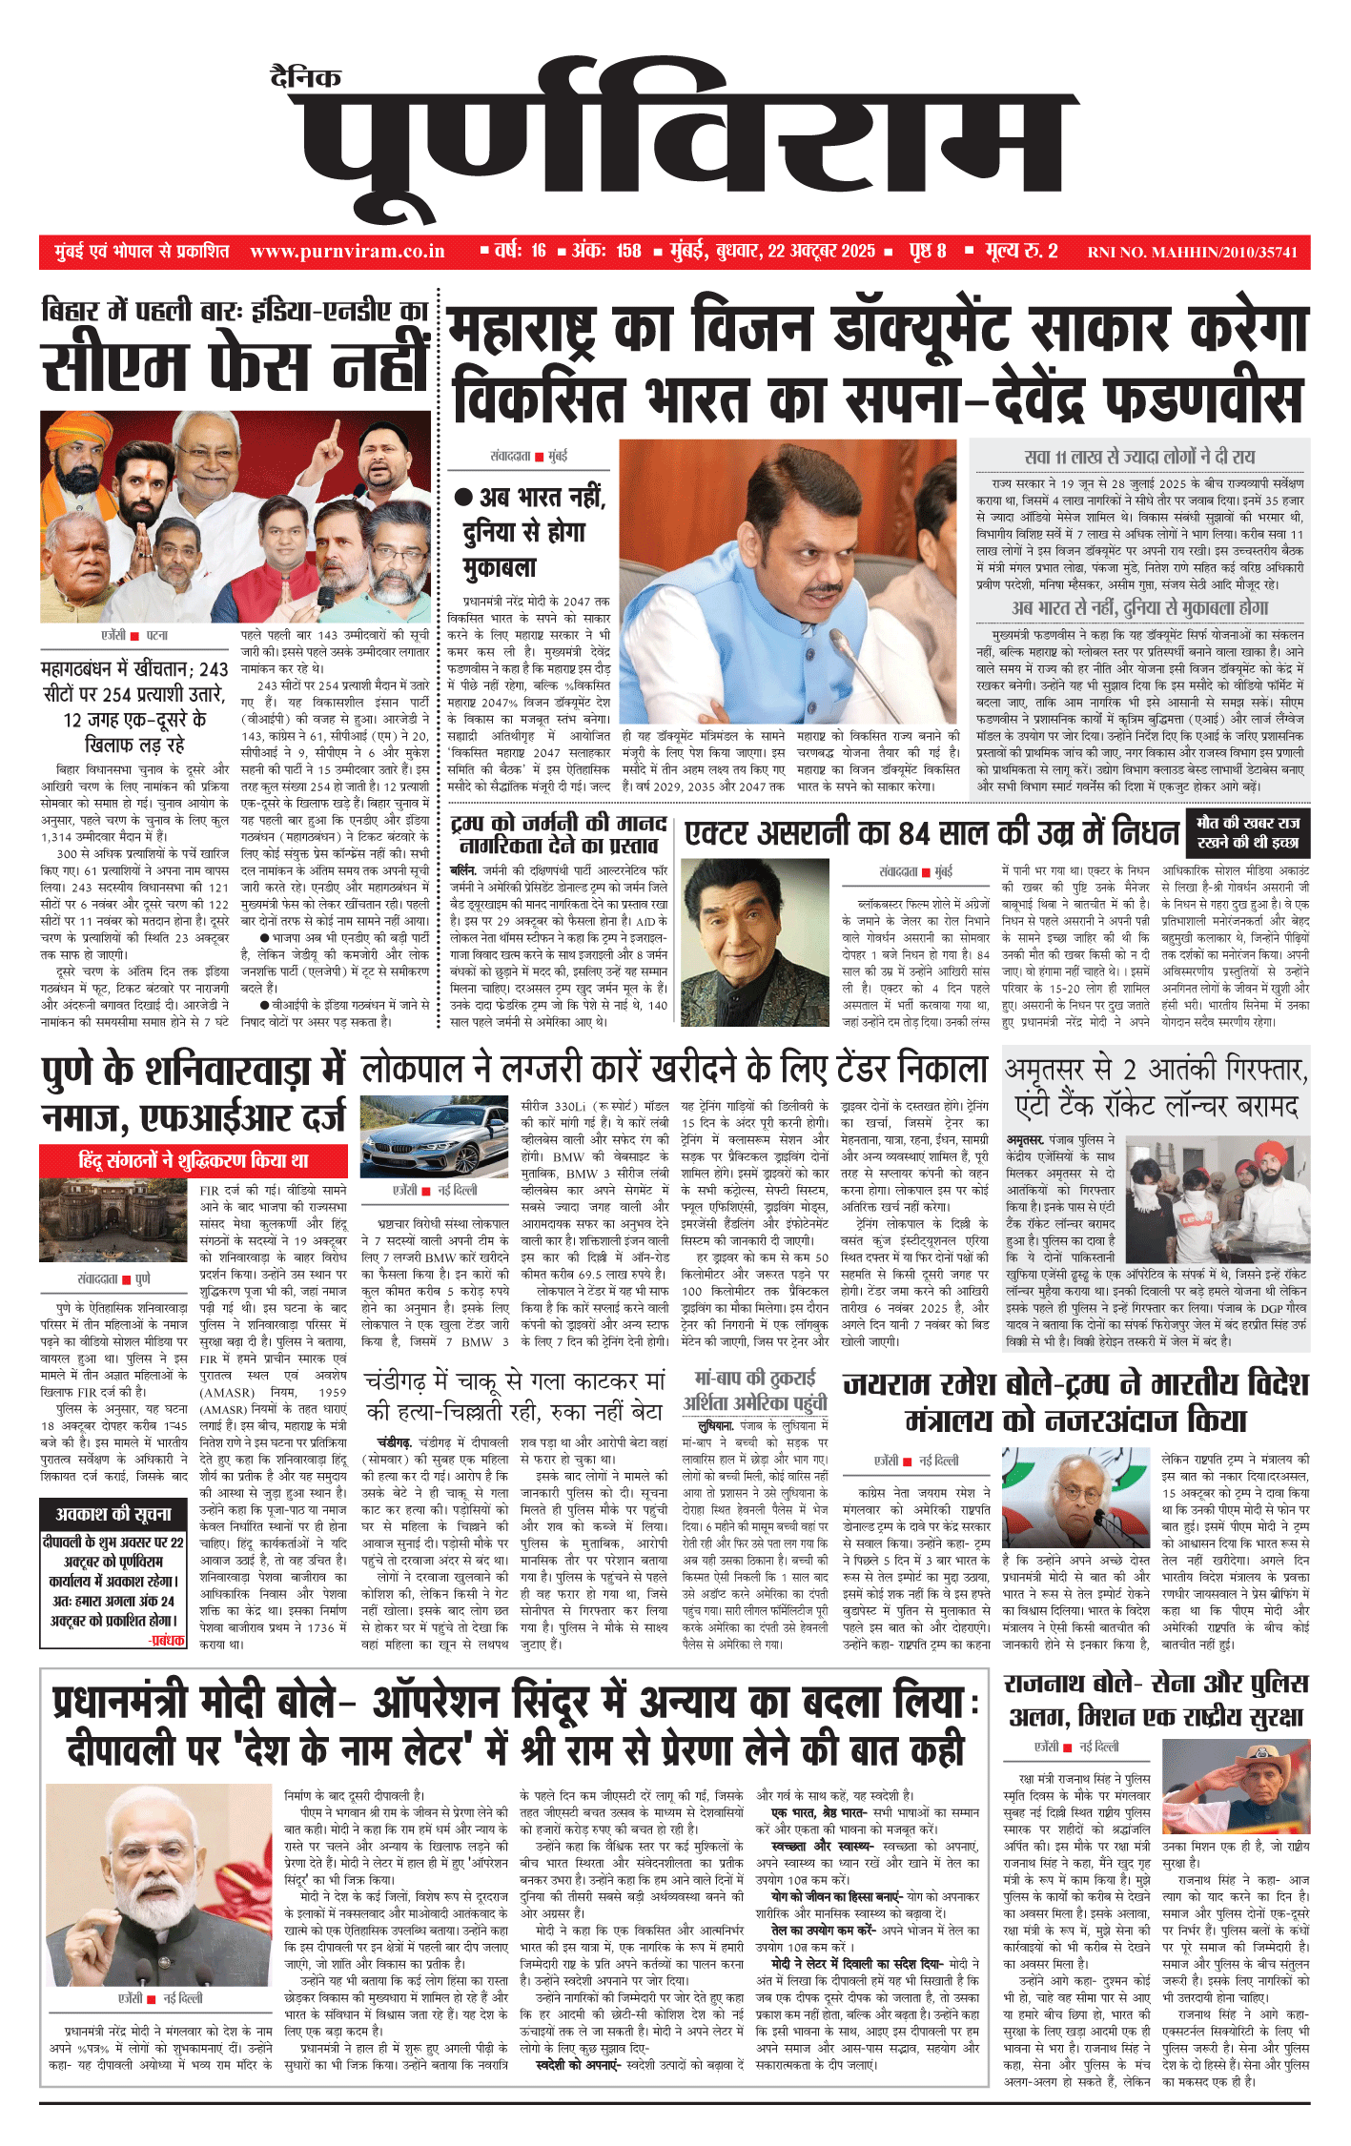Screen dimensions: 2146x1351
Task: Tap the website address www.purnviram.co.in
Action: click(x=347, y=252)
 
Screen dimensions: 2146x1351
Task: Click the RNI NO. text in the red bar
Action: click(x=1192, y=253)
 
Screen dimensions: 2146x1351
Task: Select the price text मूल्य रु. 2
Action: click(x=1021, y=252)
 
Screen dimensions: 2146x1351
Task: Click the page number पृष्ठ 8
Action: click(x=927, y=252)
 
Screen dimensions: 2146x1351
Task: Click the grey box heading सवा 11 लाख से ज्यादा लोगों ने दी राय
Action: click(x=1139, y=457)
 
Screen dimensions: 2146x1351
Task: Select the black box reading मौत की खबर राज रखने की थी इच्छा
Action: click(x=1247, y=832)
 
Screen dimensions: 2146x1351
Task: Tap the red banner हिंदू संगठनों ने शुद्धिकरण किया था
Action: click(x=193, y=1160)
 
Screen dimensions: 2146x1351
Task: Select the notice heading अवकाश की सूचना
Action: click(x=113, y=1514)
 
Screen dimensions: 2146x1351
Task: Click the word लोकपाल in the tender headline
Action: click(x=411, y=1070)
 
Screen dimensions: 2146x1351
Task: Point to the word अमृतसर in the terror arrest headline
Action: click(x=1053, y=1070)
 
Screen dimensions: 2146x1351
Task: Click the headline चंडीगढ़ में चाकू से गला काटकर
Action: click(x=515, y=1380)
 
